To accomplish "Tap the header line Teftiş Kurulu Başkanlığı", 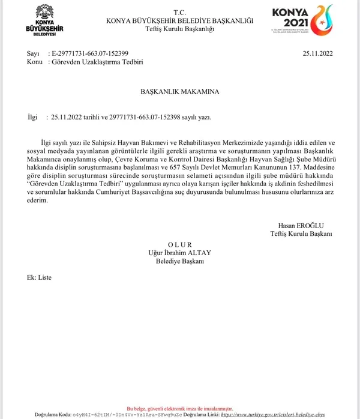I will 180,28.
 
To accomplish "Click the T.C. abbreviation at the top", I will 180,12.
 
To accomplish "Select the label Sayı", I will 32,53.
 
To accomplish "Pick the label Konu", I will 35,61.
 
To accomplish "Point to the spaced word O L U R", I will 180,245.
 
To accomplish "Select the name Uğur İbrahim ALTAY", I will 180,253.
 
